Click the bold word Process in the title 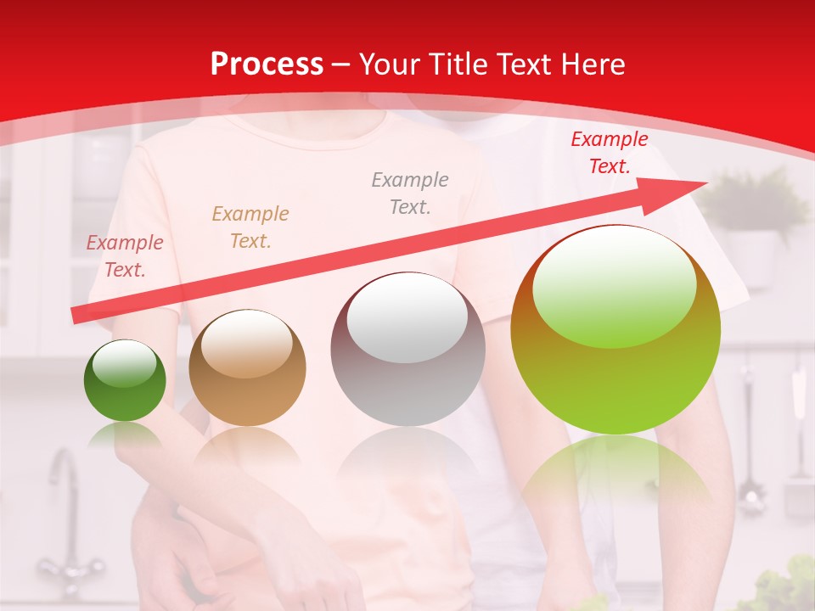[267, 64]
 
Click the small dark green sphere [125, 381]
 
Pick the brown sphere [247, 368]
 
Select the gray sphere [407, 350]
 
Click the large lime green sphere [615, 330]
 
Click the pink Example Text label [125, 256]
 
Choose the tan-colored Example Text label [250, 227]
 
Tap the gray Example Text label [410, 193]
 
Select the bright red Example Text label [610, 153]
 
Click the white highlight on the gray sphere [407, 317]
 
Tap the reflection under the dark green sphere [125, 434]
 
